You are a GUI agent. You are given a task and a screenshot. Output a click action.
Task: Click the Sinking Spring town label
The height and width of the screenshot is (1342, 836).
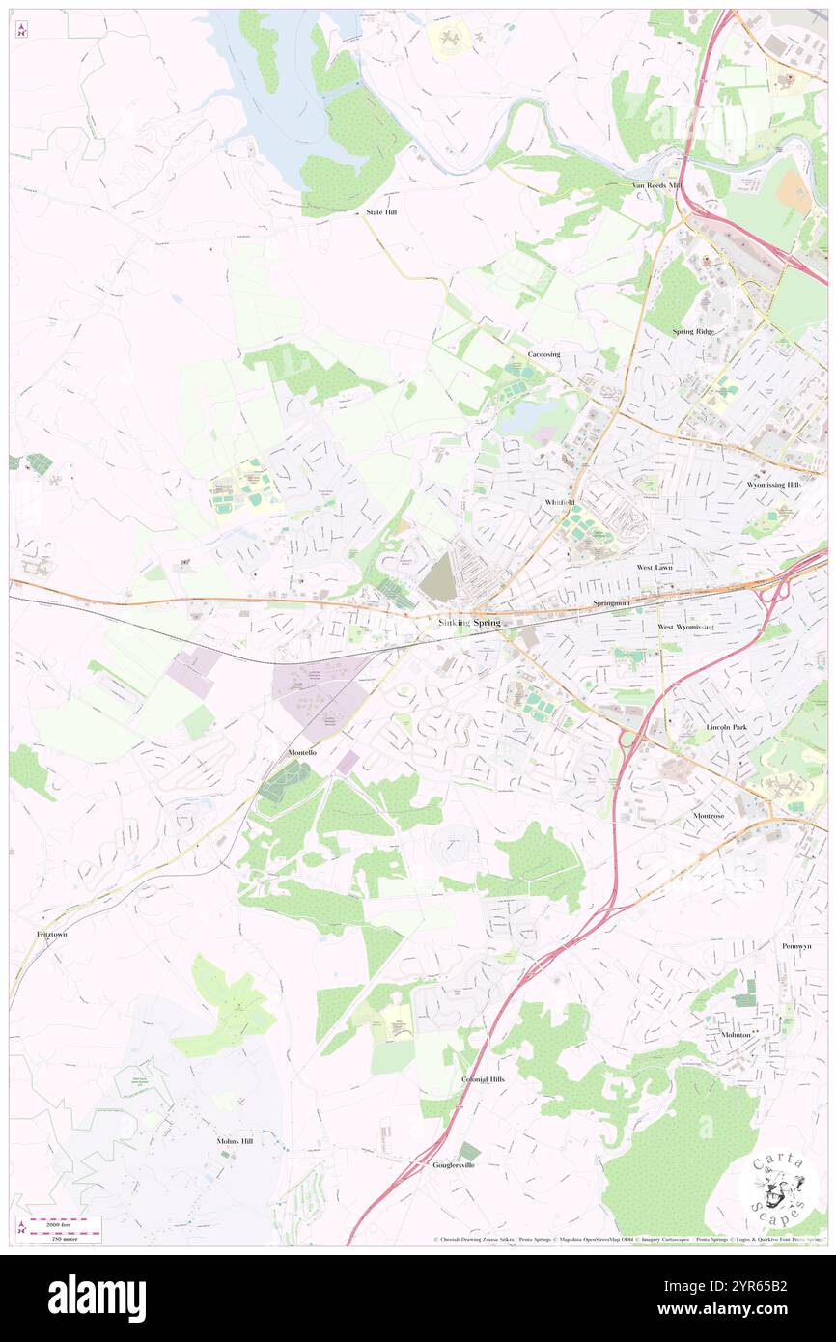click(x=469, y=623)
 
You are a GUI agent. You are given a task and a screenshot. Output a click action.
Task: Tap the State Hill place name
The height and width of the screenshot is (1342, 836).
click(x=381, y=212)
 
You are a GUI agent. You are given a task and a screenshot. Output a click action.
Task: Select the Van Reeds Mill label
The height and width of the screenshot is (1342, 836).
click(x=656, y=185)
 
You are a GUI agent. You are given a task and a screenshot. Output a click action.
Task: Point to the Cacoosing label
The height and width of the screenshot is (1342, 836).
click(x=543, y=354)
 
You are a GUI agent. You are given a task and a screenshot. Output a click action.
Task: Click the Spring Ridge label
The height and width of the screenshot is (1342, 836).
click(x=694, y=332)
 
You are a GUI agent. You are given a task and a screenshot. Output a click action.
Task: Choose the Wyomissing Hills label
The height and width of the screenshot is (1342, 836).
click(x=773, y=485)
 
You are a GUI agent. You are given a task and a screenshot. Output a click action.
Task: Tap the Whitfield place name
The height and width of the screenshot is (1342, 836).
click(x=559, y=503)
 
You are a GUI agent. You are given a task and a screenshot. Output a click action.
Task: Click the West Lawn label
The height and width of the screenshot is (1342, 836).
click(x=655, y=568)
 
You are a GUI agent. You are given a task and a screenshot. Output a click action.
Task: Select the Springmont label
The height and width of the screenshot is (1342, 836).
click(x=611, y=603)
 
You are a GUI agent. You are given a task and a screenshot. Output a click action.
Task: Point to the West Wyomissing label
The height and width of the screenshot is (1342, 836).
click(x=685, y=628)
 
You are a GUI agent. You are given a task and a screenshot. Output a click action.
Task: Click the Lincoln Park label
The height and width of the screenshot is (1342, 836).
click(x=727, y=726)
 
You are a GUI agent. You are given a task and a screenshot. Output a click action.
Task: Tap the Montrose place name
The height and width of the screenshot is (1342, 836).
click(x=709, y=816)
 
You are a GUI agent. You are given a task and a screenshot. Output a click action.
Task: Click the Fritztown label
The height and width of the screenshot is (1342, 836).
click(x=52, y=935)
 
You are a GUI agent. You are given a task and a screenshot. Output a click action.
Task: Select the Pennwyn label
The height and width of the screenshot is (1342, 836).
click(x=796, y=946)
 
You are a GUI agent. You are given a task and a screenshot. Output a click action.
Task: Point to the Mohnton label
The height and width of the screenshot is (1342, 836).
click(x=736, y=1034)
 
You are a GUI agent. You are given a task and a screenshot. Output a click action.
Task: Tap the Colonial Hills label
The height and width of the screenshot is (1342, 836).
click(x=483, y=1079)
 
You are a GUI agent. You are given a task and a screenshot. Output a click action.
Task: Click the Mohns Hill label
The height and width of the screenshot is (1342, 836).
click(x=235, y=1141)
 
